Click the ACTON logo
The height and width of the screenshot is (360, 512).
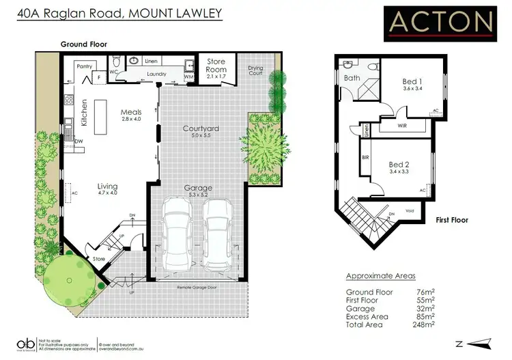click(440, 22)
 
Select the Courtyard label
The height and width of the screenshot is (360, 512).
click(201, 128)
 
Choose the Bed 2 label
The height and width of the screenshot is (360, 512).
click(399, 165)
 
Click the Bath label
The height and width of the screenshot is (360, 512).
click(352, 78)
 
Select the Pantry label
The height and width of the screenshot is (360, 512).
click(85, 67)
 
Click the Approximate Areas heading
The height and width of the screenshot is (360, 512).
click(380, 276)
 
